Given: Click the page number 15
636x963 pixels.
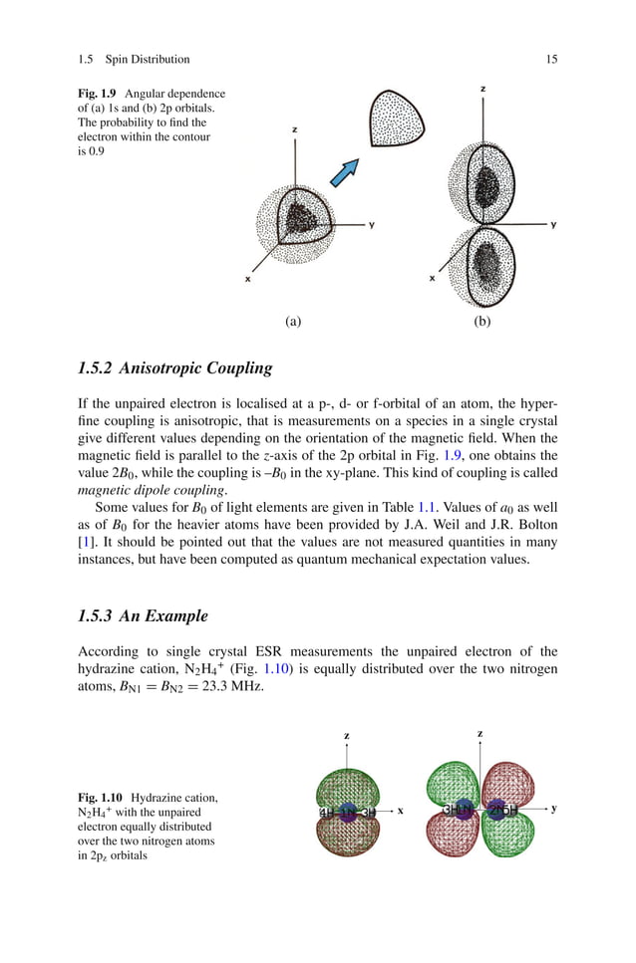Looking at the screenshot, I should [x=551, y=60].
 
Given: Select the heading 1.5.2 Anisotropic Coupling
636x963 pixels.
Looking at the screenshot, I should [x=174, y=368].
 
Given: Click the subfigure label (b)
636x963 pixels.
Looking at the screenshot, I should [x=482, y=321].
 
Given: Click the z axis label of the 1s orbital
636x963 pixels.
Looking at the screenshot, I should [x=294, y=129].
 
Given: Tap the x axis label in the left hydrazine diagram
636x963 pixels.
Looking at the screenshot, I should [x=400, y=811].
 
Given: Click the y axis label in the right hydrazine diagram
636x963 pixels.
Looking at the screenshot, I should [x=553, y=809].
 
